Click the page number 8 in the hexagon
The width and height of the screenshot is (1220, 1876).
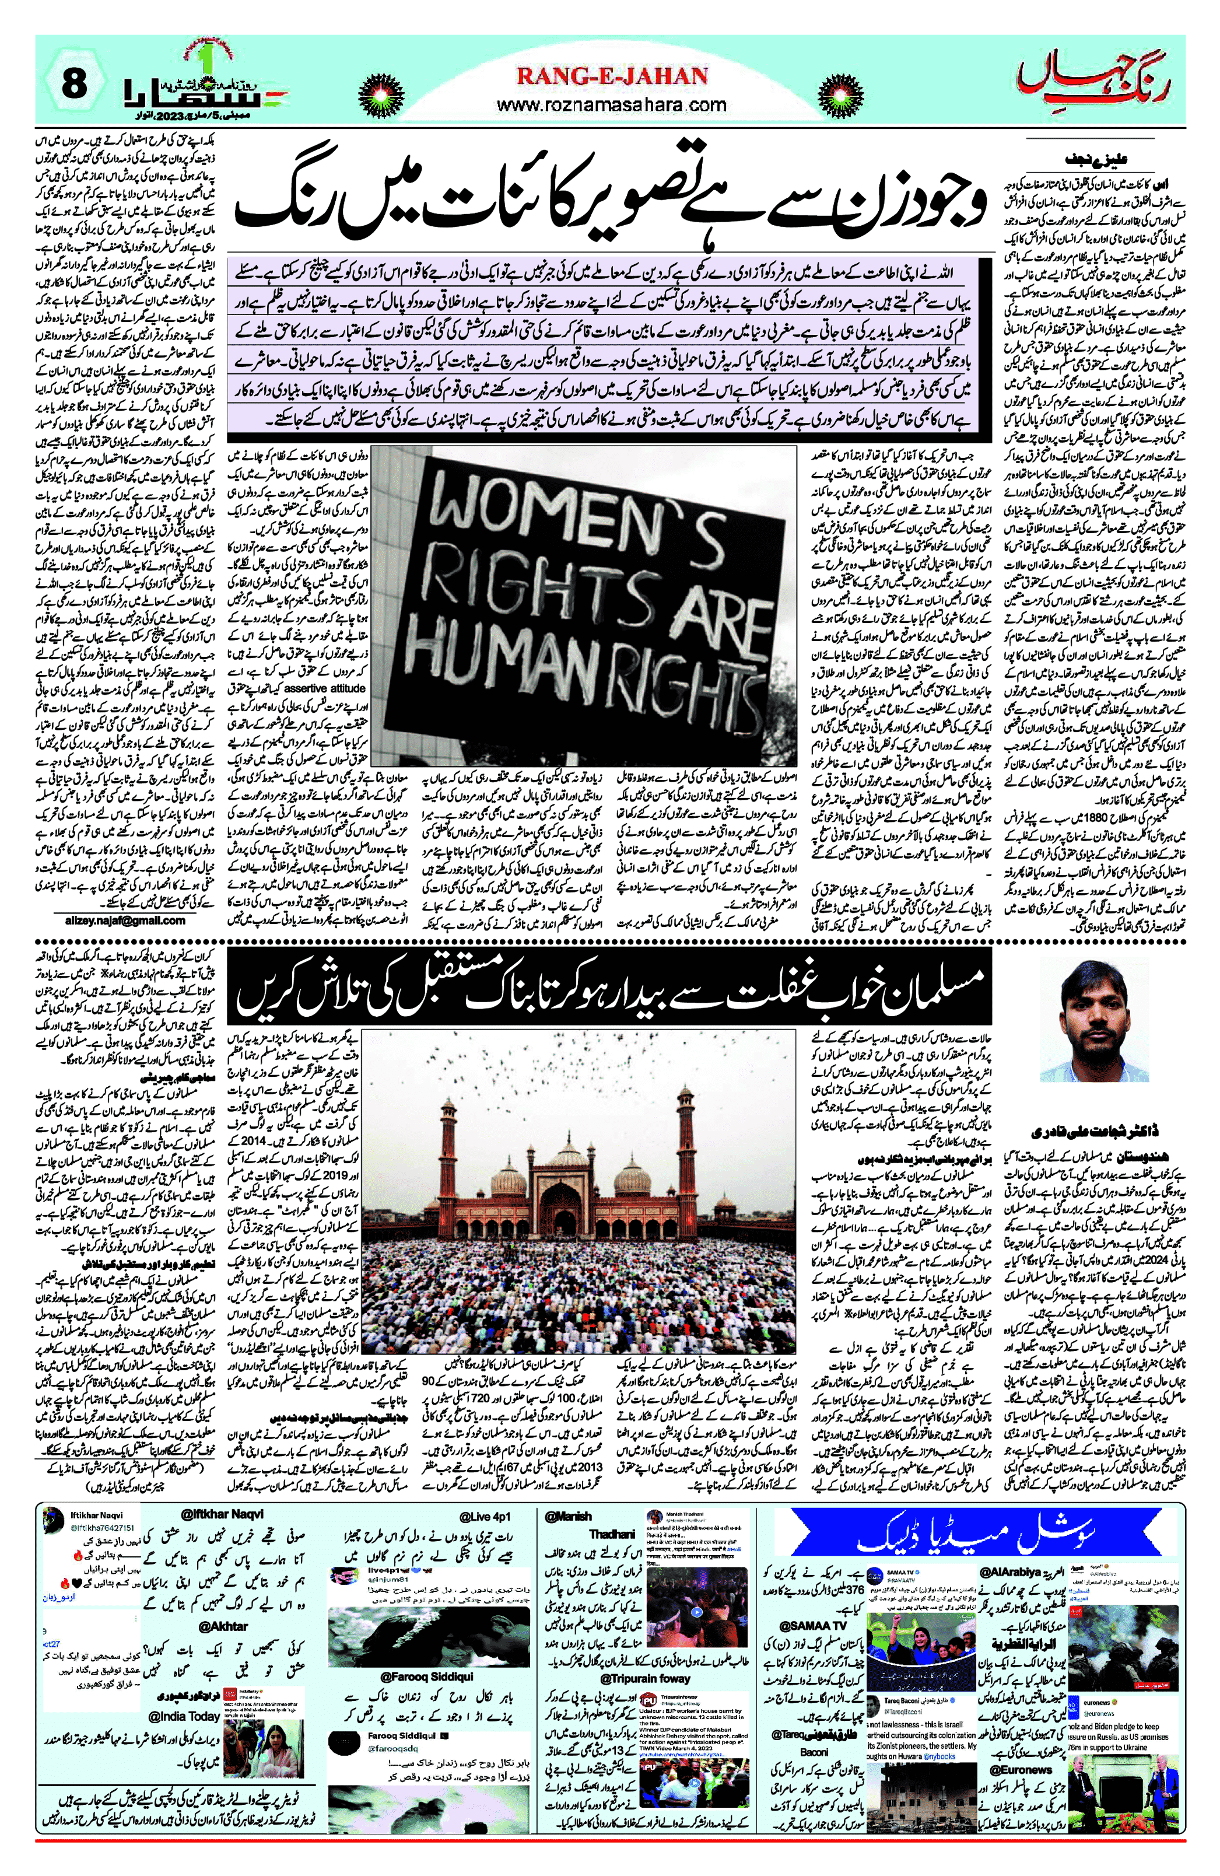pyautogui.click(x=73, y=83)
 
